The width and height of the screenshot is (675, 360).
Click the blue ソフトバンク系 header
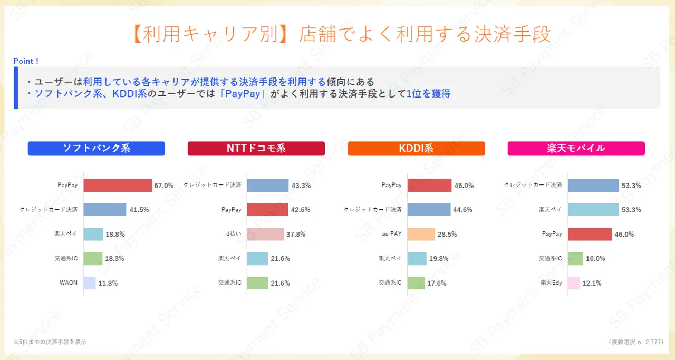[96, 149]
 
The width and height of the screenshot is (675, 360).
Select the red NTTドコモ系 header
[256, 149]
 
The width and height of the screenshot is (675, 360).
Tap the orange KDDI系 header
[416, 149]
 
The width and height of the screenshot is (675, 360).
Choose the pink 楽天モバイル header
[576, 149]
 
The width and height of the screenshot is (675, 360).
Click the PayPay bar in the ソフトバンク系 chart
[118, 186]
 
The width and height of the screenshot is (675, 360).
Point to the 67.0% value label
[164, 186]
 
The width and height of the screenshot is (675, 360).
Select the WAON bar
[90, 283]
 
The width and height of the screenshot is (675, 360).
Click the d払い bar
[265, 234]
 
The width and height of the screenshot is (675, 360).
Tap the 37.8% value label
[295, 235]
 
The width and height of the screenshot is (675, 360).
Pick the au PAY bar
[421, 234]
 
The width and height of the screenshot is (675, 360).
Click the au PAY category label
[392, 234]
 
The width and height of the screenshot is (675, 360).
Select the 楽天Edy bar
[574, 283]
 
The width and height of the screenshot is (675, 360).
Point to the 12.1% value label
[592, 283]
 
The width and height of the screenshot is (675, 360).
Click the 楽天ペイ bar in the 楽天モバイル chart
[593, 210]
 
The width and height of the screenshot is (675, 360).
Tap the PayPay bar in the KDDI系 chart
[429, 186]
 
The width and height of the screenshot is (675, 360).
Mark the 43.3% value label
[301, 186]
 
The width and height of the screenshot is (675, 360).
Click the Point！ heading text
[26, 61]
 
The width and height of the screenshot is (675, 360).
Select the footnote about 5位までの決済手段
[50, 342]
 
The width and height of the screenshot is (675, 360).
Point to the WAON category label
[69, 283]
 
